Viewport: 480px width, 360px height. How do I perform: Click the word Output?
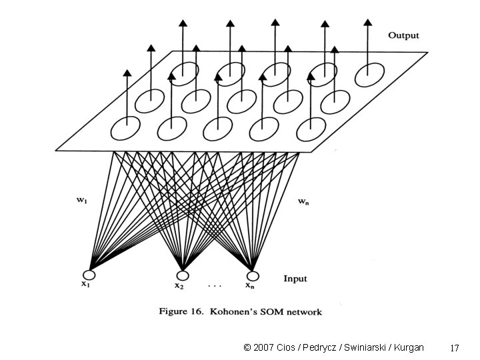pyautogui.click(x=403, y=35)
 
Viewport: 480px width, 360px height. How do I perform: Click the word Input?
pyautogui.click(x=295, y=278)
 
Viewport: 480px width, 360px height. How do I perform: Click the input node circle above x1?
pyautogui.click(x=89, y=275)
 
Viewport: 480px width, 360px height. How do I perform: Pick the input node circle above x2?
pyautogui.click(x=183, y=275)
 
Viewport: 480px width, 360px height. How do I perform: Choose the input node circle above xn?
pyautogui.click(x=252, y=275)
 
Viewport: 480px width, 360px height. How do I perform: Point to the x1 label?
pyautogui.click(x=86, y=285)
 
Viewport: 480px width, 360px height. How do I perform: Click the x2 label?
pyautogui.click(x=179, y=286)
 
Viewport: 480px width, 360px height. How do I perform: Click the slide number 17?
pyautogui.click(x=455, y=348)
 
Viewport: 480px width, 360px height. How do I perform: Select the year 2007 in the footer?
pyautogui.click(x=264, y=347)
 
